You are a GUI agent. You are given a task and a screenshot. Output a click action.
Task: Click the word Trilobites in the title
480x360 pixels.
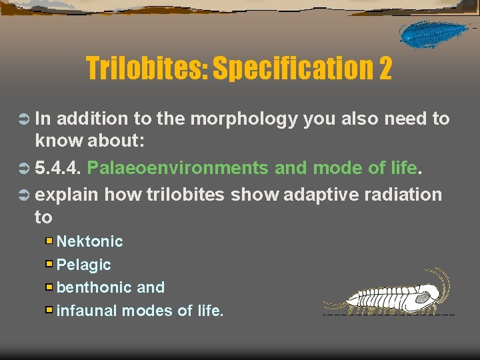147,68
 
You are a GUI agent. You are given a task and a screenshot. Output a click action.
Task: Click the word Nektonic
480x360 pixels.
89,241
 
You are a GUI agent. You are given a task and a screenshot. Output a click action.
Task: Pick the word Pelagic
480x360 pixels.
84,265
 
